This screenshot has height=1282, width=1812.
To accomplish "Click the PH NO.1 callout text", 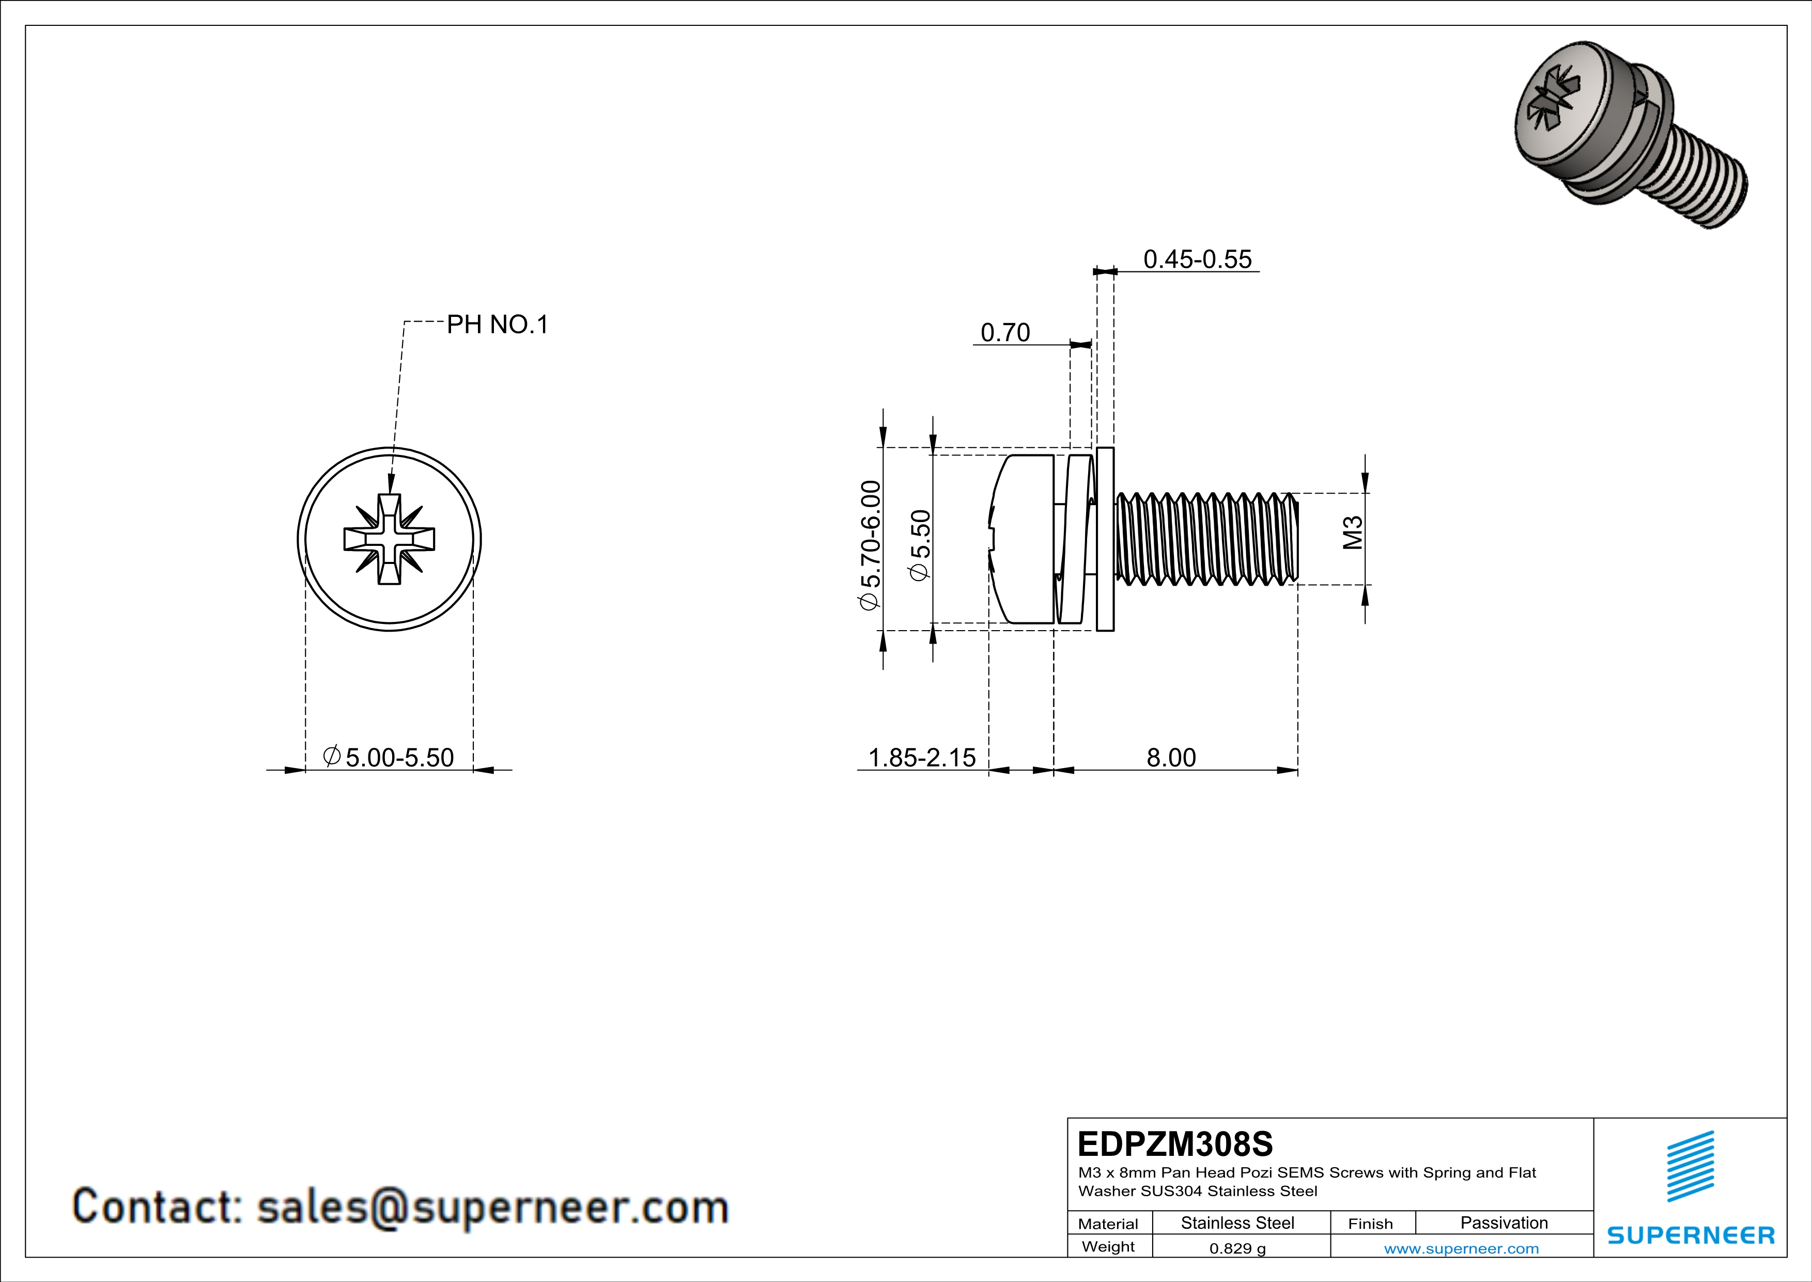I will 497,325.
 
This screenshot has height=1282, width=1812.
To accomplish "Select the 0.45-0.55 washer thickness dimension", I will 1197,259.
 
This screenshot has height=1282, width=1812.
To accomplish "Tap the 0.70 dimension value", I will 1004,332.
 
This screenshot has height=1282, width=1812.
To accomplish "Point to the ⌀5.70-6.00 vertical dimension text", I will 869,545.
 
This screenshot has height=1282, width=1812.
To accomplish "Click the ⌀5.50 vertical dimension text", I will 920,545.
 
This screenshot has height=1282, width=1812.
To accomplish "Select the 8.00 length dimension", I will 1171,758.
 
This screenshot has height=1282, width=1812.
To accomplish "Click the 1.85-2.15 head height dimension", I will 922,758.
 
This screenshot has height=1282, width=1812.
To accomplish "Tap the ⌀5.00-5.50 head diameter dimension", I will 389,758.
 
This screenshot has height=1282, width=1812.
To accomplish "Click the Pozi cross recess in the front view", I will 389,539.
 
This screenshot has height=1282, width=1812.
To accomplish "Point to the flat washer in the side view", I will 1105,539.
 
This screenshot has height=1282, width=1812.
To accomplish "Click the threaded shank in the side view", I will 1207,539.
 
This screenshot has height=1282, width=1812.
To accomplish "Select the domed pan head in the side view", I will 1022,539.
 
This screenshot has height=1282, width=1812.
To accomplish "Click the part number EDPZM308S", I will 1175,1144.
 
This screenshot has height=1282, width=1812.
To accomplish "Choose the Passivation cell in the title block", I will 1504,1223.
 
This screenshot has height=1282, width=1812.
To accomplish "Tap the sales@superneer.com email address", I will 492,1207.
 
